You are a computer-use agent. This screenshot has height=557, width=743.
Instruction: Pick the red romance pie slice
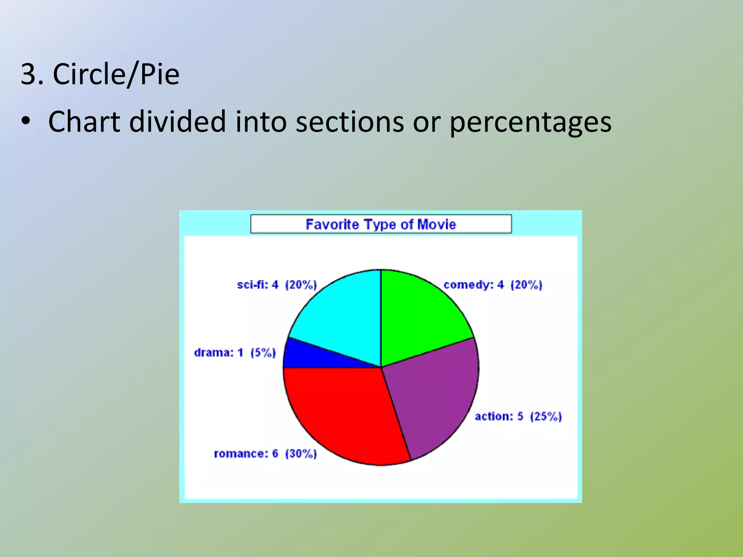coord(345,413)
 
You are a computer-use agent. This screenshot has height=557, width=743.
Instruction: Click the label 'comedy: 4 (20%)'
coord(493,285)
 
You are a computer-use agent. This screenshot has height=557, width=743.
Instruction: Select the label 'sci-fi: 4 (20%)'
coord(277,285)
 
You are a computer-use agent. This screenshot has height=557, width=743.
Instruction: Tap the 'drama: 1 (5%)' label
coord(235,352)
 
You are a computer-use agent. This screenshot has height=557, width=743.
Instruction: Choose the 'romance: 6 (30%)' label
coord(265,454)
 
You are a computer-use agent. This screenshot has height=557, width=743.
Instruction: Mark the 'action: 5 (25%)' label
coord(518,416)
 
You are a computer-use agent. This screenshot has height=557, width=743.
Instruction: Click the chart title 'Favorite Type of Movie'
coord(381,224)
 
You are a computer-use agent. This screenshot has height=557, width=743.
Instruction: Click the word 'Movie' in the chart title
coord(436,224)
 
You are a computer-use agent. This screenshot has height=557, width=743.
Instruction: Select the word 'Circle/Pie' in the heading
coord(116,75)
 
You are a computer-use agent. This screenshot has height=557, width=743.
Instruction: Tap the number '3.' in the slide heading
coord(32,75)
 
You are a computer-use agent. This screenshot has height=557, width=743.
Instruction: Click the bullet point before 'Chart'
coord(25,122)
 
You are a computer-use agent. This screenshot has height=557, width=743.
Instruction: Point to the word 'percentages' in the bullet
coord(530,123)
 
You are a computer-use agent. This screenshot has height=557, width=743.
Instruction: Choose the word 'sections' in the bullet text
coord(350,122)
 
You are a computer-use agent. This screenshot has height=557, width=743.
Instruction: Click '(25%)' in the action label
coord(546,416)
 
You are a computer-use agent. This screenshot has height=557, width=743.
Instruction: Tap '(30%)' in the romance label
coord(301,454)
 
